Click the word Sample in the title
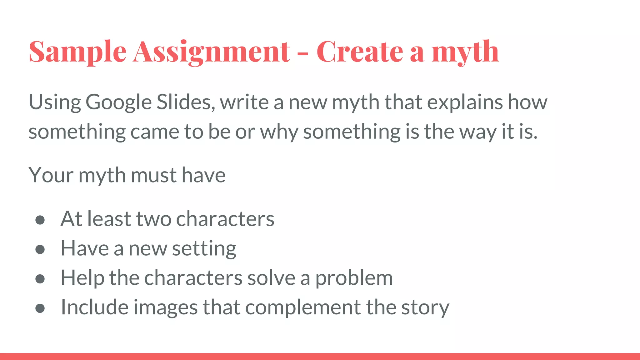point(77,52)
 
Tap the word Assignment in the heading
point(212,52)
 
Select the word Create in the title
point(360,51)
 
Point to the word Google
point(118,102)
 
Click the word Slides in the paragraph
point(186,102)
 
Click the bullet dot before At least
point(40,220)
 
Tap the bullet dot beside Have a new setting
point(40,249)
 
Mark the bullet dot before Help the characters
point(40,279)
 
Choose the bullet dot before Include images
point(40,308)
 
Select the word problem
point(354,278)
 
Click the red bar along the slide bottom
point(320,356)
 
